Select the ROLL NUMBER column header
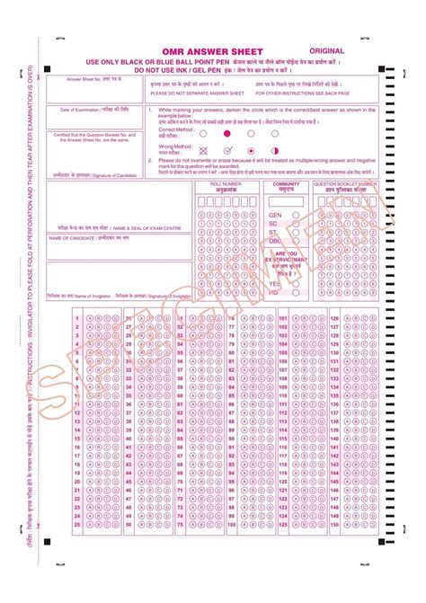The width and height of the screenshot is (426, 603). pos(225,183)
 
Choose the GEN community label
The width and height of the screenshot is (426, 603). pos(275,216)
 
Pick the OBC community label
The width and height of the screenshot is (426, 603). pos(275,241)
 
